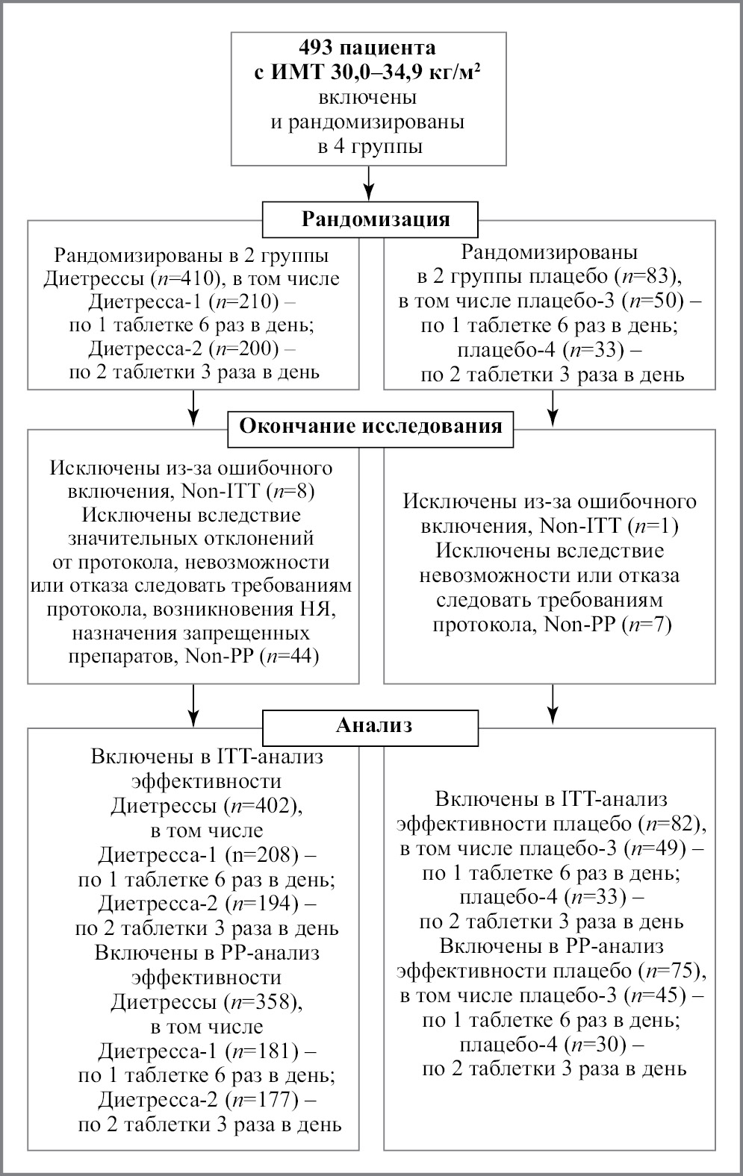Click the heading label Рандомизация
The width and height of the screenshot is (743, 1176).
point(375,219)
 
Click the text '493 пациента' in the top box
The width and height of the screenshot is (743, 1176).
point(367,48)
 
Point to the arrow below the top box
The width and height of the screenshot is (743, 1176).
point(369,184)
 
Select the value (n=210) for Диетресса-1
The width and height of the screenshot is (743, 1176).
point(244,302)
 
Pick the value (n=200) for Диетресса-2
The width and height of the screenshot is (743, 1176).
point(244,348)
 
